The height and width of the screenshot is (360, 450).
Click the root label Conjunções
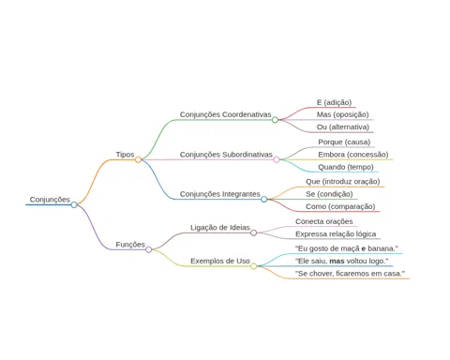(x=50, y=200)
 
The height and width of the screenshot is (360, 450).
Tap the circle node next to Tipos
(x=138, y=159)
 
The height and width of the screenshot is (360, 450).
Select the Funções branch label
(x=130, y=245)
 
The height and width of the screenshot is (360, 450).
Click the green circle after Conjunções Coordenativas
(x=275, y=120)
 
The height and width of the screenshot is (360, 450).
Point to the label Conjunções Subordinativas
(x=226, y=155)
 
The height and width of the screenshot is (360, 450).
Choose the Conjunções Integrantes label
(x=220, y=194)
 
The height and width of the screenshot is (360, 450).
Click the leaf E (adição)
(x=334, y=102)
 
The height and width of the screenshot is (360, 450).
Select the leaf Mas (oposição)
(x=343, y=114)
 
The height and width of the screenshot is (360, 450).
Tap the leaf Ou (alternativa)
(x=343, y=127)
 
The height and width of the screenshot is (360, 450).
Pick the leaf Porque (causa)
(x=344, y=142)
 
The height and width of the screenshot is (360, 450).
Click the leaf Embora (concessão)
(x=353, y=155)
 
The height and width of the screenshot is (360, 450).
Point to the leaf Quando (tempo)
(x=346, y=167)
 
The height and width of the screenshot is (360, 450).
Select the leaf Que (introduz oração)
(x=343, y=182)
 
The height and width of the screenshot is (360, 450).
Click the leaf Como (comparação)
(x=340, y=206)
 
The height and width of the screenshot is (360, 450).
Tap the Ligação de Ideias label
(x=220, y=228)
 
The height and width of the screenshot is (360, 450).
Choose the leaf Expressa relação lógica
(x=336, y=234)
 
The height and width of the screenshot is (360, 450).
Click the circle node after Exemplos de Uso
(x=254, y=266)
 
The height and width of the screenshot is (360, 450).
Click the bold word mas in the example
(x=337, y=261)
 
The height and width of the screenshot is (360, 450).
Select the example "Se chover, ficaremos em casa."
(x=350, y=274)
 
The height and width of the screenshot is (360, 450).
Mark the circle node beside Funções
(x=149, y=249)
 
